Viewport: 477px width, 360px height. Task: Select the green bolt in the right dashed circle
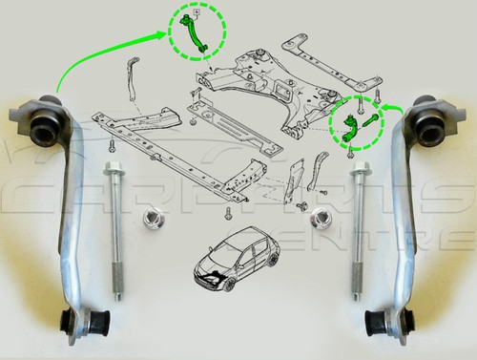[x=367, y=122]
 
